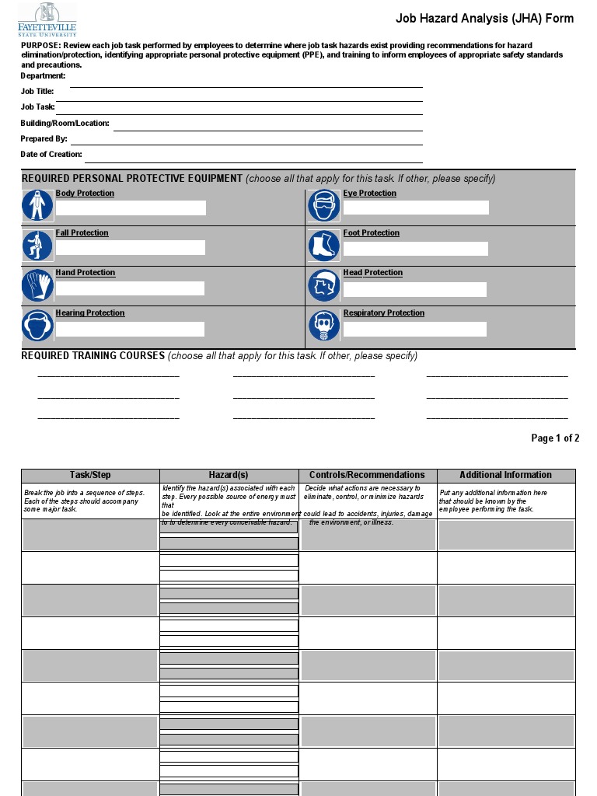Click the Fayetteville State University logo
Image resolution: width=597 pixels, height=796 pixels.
pos(47,19)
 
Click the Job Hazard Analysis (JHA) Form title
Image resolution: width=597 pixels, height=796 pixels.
pos(484,19)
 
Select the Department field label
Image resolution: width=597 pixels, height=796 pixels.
pos(43,76)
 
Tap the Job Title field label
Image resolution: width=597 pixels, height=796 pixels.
pos(37,92)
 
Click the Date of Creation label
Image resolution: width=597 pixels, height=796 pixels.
pos(51,155)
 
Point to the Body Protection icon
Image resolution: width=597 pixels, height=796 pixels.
pos(37,206)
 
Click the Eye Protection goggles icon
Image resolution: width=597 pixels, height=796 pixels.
pos(323,206)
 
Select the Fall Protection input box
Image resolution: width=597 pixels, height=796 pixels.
pos(130,248)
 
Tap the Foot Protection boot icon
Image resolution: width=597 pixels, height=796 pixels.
pos(323,246)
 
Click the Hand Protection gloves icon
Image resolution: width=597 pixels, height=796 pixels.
pos(37,285)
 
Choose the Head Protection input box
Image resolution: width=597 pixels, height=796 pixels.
pos(414,289)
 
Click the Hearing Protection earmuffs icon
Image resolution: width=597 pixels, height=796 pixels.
pos(37,326)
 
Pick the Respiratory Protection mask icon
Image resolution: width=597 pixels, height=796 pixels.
pos(323,326)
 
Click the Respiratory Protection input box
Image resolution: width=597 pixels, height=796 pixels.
pos(414,330)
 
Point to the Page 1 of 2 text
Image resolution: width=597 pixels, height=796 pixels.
pos(555,438)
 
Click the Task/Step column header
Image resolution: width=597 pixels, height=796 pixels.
pos(90,475)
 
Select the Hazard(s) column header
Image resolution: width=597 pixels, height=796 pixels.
pos(229,475)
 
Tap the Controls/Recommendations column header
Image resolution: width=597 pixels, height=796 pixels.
pos(367,475)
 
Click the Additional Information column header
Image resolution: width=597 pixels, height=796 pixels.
pos(505,475)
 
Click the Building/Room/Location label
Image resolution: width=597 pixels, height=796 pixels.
pos(65,124)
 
